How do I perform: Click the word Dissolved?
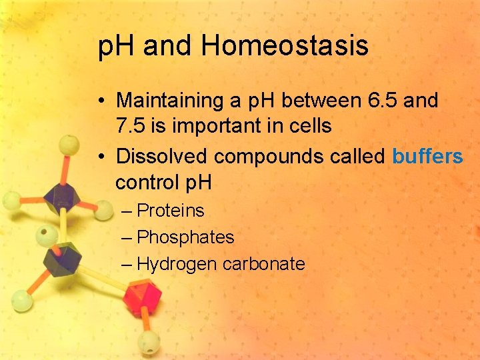[162, 157]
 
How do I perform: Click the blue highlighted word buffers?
[427, 157]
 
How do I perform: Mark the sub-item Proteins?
[170, 211]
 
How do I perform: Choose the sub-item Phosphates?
[185, 237]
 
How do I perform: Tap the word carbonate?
[264, 264]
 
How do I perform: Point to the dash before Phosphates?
[128, 237]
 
